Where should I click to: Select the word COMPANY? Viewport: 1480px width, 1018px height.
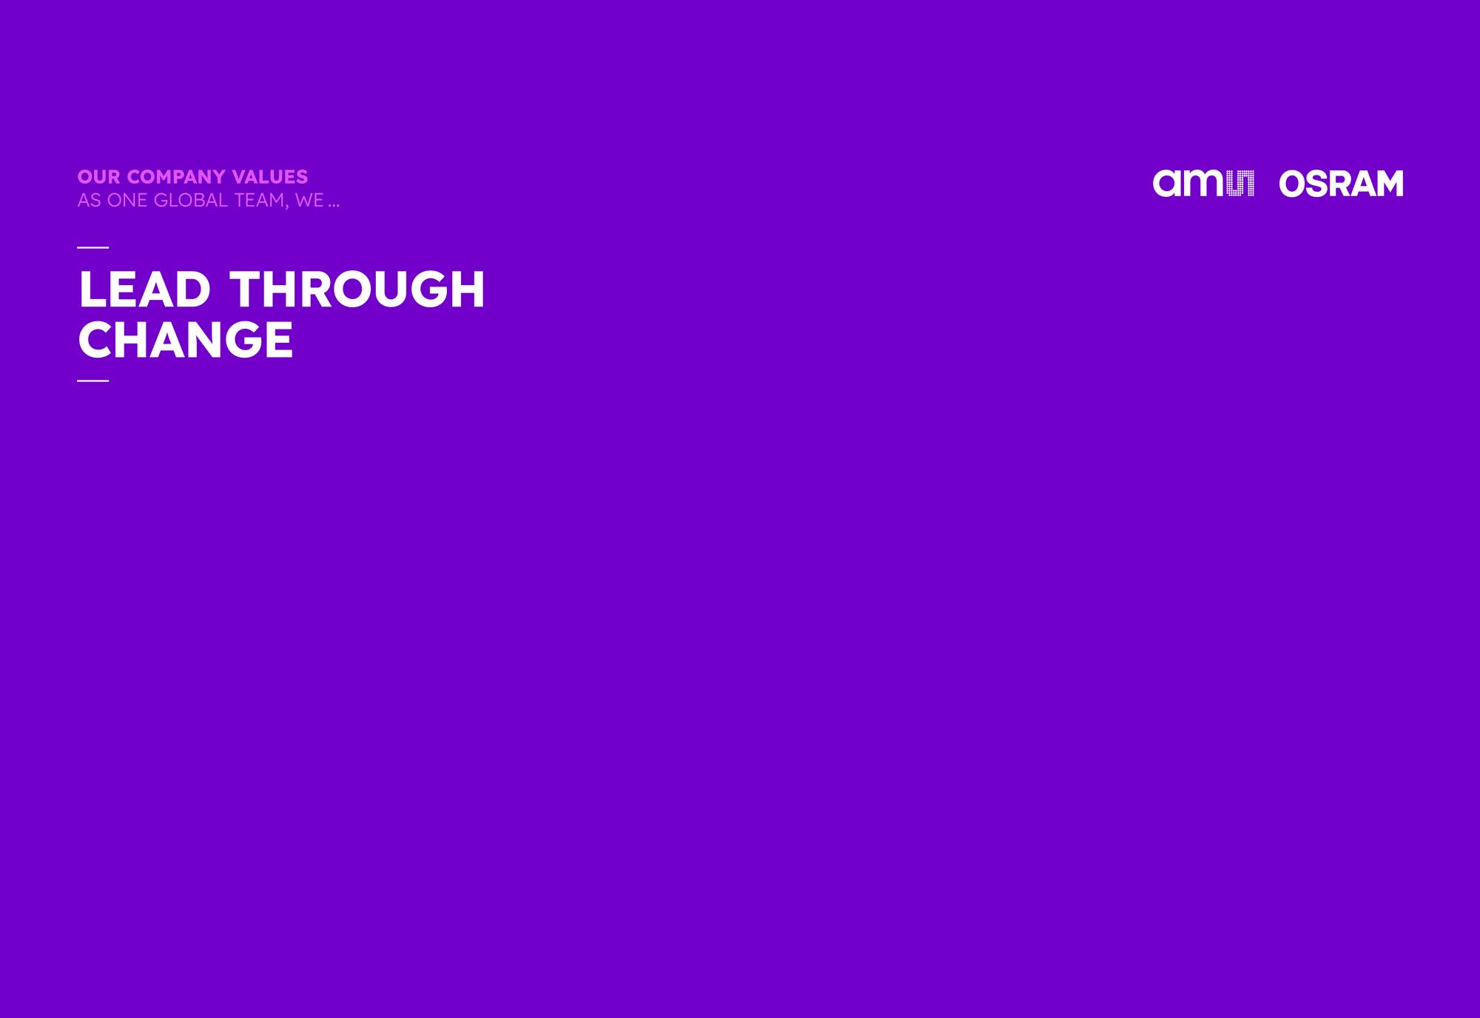[x=177, y=177]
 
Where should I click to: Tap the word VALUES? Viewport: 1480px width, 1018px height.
[x=270, y=177]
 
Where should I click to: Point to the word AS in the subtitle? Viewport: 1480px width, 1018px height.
[x=89, y=201]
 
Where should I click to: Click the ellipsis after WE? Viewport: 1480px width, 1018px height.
[x=334, y=206]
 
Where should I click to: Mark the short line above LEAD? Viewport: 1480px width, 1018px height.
[x=92, y=247]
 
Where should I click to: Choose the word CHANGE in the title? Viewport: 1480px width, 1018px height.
[x=185, y=340]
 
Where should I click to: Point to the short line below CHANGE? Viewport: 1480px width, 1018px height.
[x=92, y=381]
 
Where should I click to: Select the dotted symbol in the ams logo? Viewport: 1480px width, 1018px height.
[x=1240, y=184]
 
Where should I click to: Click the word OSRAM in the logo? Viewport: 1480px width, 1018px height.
[x=1341, y=184]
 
